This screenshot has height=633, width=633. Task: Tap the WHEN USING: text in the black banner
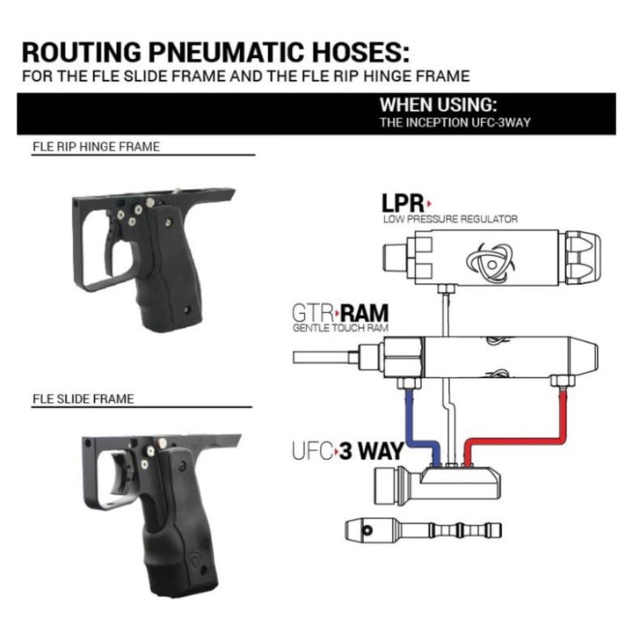439,104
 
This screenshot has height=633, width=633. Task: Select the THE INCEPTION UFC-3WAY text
455,123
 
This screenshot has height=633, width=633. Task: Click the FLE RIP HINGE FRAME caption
96,147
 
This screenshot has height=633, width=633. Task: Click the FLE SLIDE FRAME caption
84,398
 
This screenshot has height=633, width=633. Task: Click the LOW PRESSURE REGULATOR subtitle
450,218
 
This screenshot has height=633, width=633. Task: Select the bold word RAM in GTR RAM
366,313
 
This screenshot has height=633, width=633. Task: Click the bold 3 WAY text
369,451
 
